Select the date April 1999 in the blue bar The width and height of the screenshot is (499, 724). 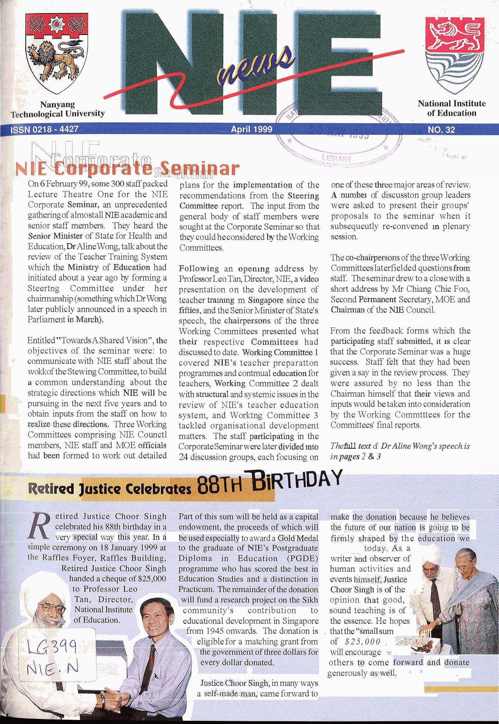pos(252,129)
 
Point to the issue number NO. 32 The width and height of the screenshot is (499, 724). pos(441,130)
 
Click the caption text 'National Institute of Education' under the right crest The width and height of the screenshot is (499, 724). pos(452,108)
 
